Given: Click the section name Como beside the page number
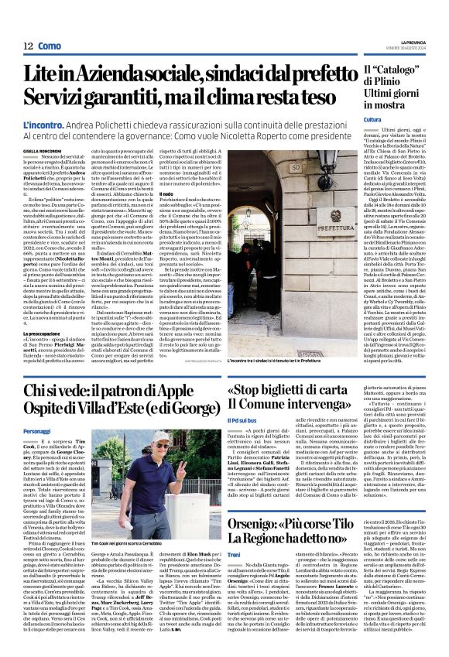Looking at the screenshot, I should click(x=50, y=46).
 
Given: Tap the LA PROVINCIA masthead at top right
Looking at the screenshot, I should click(x=422, y=43).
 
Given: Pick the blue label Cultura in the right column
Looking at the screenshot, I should click(x=373, y=120).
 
